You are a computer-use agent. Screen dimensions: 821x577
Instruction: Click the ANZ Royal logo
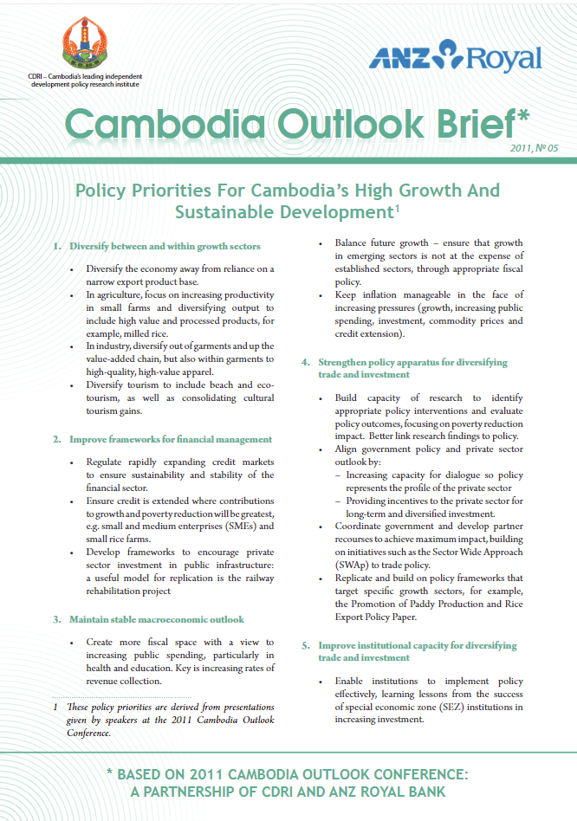coord(455,56)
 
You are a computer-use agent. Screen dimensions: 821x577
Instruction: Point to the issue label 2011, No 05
coord(535,149)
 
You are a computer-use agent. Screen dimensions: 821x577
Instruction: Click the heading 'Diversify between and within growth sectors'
coord(165,247)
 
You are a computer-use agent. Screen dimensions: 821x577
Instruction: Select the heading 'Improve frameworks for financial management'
coord(171,439)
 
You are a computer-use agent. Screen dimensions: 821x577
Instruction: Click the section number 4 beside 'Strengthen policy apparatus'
coord(304,362)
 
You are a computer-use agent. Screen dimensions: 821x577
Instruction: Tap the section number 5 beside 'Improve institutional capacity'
coord(304,645)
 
